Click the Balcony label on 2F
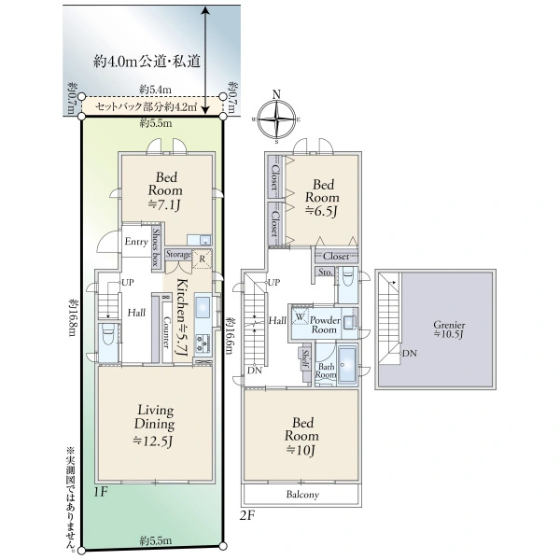(x=301, y=495)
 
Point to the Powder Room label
(x=324, y=323)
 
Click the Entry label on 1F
(x=135, y=241)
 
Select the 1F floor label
(x=101, y=488)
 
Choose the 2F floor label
(x=247, y=514)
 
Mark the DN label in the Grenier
(x=408, y=354)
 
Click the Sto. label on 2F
(x=325, y=273)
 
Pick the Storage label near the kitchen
(x=178, y=254)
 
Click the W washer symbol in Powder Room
(x=301, y=317)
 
